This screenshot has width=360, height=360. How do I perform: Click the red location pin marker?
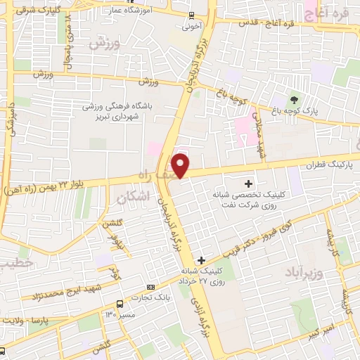click(181, 165)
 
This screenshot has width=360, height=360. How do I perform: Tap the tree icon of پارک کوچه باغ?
click(294, 99)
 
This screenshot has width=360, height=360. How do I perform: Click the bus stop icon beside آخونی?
click(191, 15)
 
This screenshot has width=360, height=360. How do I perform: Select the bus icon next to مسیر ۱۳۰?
click(120, 304)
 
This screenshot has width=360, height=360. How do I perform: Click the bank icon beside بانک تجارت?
click(150, 288)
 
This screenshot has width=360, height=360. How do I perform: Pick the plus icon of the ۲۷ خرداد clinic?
click(201, 260)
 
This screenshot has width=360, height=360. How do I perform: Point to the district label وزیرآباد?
click(304, 271)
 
